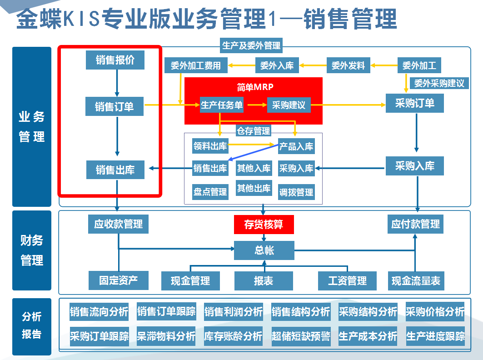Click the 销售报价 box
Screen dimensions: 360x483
(x=115, y=60)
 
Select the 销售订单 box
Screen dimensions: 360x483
(x=115, y=106)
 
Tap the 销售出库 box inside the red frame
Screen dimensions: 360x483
(x=115, y=170)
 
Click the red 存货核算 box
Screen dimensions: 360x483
(x=264, y=225)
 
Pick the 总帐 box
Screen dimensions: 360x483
(x=264, y=250)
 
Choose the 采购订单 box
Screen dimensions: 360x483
(x=414, y=103)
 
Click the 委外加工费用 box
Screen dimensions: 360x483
(x=196, y=65)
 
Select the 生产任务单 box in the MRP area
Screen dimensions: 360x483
(x=222, y=105)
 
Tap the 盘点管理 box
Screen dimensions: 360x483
(x=210, y=192)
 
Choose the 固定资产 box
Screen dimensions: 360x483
(x=118, y=280)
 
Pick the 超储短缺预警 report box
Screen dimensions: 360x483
(x=301, y=336)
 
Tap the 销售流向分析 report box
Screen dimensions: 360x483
(x=99, y=312)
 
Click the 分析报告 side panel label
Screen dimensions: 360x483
(x=32, y=325)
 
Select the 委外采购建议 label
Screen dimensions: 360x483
(x=439, y=83)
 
